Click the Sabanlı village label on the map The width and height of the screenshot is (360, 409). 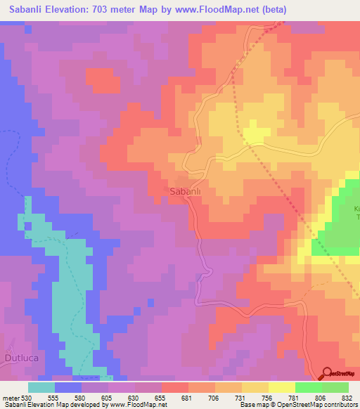point(186,190)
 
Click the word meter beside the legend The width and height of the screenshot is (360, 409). point(10,398)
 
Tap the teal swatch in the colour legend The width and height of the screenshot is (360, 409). point(41,387)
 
